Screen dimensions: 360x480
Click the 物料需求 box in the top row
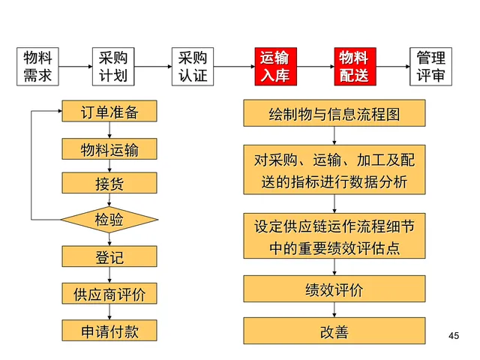(x=38, y=66)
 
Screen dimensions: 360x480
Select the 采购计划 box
(x=114, y=66)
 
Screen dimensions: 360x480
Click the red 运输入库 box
(x=274, y=66)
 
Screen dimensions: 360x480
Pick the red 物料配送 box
(x=353, y=66)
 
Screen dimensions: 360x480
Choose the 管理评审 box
(x=432, y=66)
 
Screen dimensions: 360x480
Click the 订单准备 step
(x=109, y=112)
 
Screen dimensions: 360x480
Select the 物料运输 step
(x=109, y=148)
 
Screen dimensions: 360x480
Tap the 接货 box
(x=109, y=184)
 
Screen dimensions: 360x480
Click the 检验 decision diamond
(x=109, y=220)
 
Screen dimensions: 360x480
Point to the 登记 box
(x=109, y=257)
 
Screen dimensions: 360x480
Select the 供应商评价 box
(x=109, y=293)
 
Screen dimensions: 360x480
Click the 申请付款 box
(x=109, y=330)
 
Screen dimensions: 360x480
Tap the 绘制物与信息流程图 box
(x=334, y=114)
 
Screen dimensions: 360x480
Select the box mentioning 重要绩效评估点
(x=334, y=236)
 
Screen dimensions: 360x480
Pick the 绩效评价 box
(x=334, y=290)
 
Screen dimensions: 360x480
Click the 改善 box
(x=334, y=331)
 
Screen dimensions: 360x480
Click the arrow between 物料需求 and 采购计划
(x=76, y=66)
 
